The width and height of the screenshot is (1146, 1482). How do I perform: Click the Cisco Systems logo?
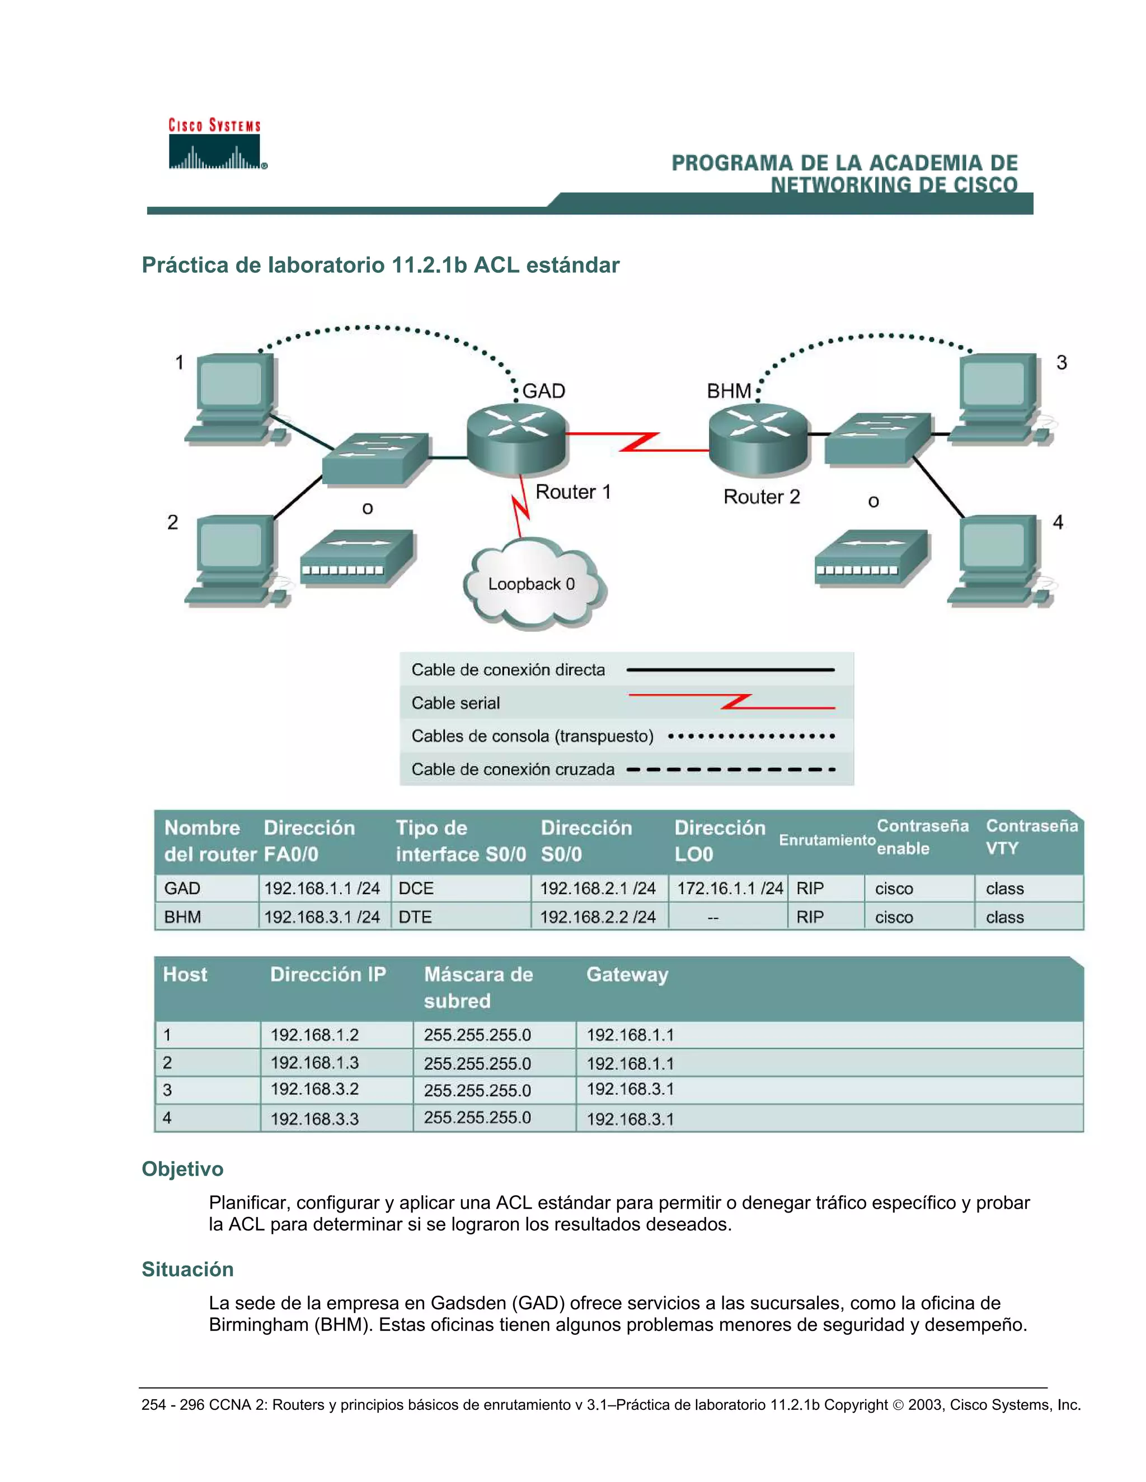tap(215, 144)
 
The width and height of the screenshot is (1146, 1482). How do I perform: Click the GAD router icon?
tap(516, 438)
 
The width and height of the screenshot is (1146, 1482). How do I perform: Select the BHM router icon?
tap(758, 438)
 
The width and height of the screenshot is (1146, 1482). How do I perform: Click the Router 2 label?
tap(761, 497)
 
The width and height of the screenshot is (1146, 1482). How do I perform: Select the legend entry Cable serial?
tap(455, 703)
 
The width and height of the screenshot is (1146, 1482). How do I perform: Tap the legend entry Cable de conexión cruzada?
tap(513, 770)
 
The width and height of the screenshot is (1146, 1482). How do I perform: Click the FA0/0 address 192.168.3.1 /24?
tap(322, 917)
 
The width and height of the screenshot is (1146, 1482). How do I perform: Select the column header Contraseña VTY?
tap(1031, 837)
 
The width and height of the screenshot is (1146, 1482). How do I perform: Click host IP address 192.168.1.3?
tap(314, 1063)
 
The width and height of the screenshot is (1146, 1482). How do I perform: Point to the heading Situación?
tap(187, 1269)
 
